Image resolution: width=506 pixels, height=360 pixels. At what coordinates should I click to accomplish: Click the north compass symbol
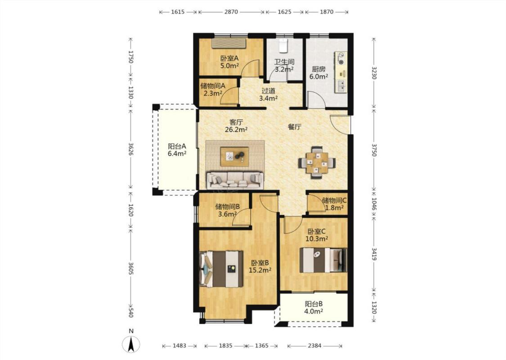(131, 344)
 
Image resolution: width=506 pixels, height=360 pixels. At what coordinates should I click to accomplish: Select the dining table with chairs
(317, 162)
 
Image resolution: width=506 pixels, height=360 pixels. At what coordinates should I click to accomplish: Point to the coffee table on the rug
(235, 157)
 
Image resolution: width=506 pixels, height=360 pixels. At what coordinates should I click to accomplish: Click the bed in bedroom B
(221, 269)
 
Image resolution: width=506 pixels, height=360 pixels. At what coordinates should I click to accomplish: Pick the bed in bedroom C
(323, 260)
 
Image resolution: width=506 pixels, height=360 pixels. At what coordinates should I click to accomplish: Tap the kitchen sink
(341, 86)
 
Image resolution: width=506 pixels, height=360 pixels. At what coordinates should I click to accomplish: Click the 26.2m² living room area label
(236, 130)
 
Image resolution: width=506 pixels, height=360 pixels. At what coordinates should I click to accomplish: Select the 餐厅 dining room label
(294, 127)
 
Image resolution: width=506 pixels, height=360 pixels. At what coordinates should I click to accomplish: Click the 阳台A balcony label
(177, 146)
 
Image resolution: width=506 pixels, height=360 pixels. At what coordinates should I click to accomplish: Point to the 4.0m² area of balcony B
(314, 311)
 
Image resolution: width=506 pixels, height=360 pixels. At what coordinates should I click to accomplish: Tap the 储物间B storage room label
(227, 206)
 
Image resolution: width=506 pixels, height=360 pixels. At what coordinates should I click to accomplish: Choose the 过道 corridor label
(269, 91)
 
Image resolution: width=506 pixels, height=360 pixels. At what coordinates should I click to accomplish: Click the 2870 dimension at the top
(231, 12)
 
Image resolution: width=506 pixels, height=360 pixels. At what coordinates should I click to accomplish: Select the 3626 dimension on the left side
(131, 149)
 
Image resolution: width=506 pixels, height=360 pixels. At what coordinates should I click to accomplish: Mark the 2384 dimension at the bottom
(314, 346)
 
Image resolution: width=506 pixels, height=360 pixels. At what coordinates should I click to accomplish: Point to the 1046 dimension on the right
(374, 204)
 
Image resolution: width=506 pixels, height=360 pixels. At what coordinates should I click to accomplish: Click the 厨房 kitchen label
(318, 69)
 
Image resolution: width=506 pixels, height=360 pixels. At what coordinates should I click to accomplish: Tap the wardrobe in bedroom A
(229, 44)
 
